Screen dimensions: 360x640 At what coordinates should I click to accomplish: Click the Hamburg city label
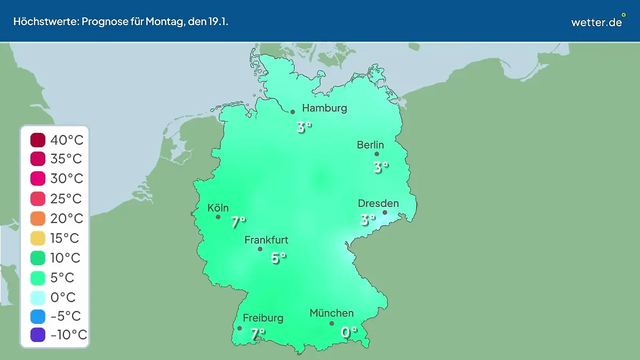[324, 108]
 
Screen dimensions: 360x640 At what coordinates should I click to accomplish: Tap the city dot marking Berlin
[377, 154]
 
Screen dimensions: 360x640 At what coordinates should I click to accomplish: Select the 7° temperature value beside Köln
[238, 222]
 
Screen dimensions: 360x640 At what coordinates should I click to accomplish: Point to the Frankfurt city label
[266, 240]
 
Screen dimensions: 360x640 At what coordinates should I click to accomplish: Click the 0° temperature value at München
[349, 332]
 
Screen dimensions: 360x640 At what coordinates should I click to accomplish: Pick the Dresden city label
[378, 203]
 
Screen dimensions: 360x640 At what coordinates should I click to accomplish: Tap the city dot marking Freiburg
[239, 329]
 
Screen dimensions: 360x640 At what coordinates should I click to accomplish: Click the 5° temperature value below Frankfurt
[278, 258]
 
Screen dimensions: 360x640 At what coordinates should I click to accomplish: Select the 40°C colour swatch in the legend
[38, 140]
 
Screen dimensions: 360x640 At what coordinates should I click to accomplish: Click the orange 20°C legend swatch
[38, 219]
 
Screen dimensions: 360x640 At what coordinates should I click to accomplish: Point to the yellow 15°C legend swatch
[38, 238]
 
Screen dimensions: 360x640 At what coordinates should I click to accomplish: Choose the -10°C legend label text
[68, 335]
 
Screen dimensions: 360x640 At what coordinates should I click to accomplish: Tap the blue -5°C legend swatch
[38, 316]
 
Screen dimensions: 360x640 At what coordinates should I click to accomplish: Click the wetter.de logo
[597, 21]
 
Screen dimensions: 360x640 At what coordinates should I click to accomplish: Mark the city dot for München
[332, 323]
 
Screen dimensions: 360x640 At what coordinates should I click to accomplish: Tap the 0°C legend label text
[63, 297]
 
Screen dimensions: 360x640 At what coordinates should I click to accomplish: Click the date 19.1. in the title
[218, 22]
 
